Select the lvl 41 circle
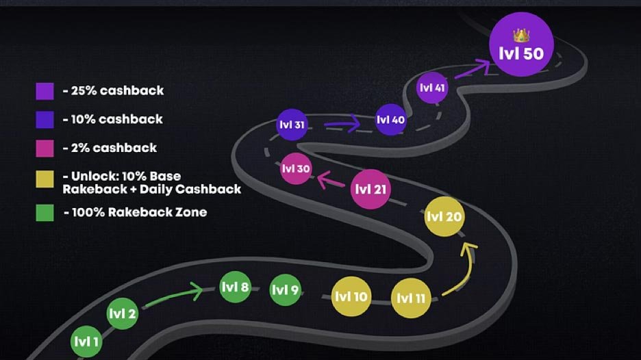(x=431, y=88)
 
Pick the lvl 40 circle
(x=390, y=120)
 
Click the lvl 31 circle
(x=292, y=125)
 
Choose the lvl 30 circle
(x=296, y=169)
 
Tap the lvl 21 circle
(x=370, y=190)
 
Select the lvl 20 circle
(x=444, y=217)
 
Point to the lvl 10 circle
(x=351, y=297)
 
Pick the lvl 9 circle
(x=285, y=290)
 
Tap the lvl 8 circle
(x=235, y=287)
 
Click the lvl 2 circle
(x=123, y=314)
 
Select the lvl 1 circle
(x=86, y=341)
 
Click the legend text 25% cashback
(x=117, y=90)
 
